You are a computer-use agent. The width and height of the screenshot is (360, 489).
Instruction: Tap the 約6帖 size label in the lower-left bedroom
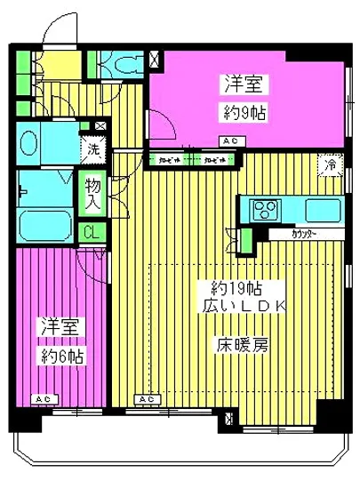point(60,357)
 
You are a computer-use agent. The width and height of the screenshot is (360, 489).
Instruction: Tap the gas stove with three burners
point(265,210)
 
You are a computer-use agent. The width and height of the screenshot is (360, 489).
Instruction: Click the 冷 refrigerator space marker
point(330,164)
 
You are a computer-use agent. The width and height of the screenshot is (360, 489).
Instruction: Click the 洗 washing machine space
point(92,149)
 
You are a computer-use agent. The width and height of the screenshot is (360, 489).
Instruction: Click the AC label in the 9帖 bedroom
point(229,141)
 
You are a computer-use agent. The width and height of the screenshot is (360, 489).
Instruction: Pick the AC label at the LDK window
point(147,400)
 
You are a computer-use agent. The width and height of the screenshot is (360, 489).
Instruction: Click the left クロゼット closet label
point(168,160)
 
